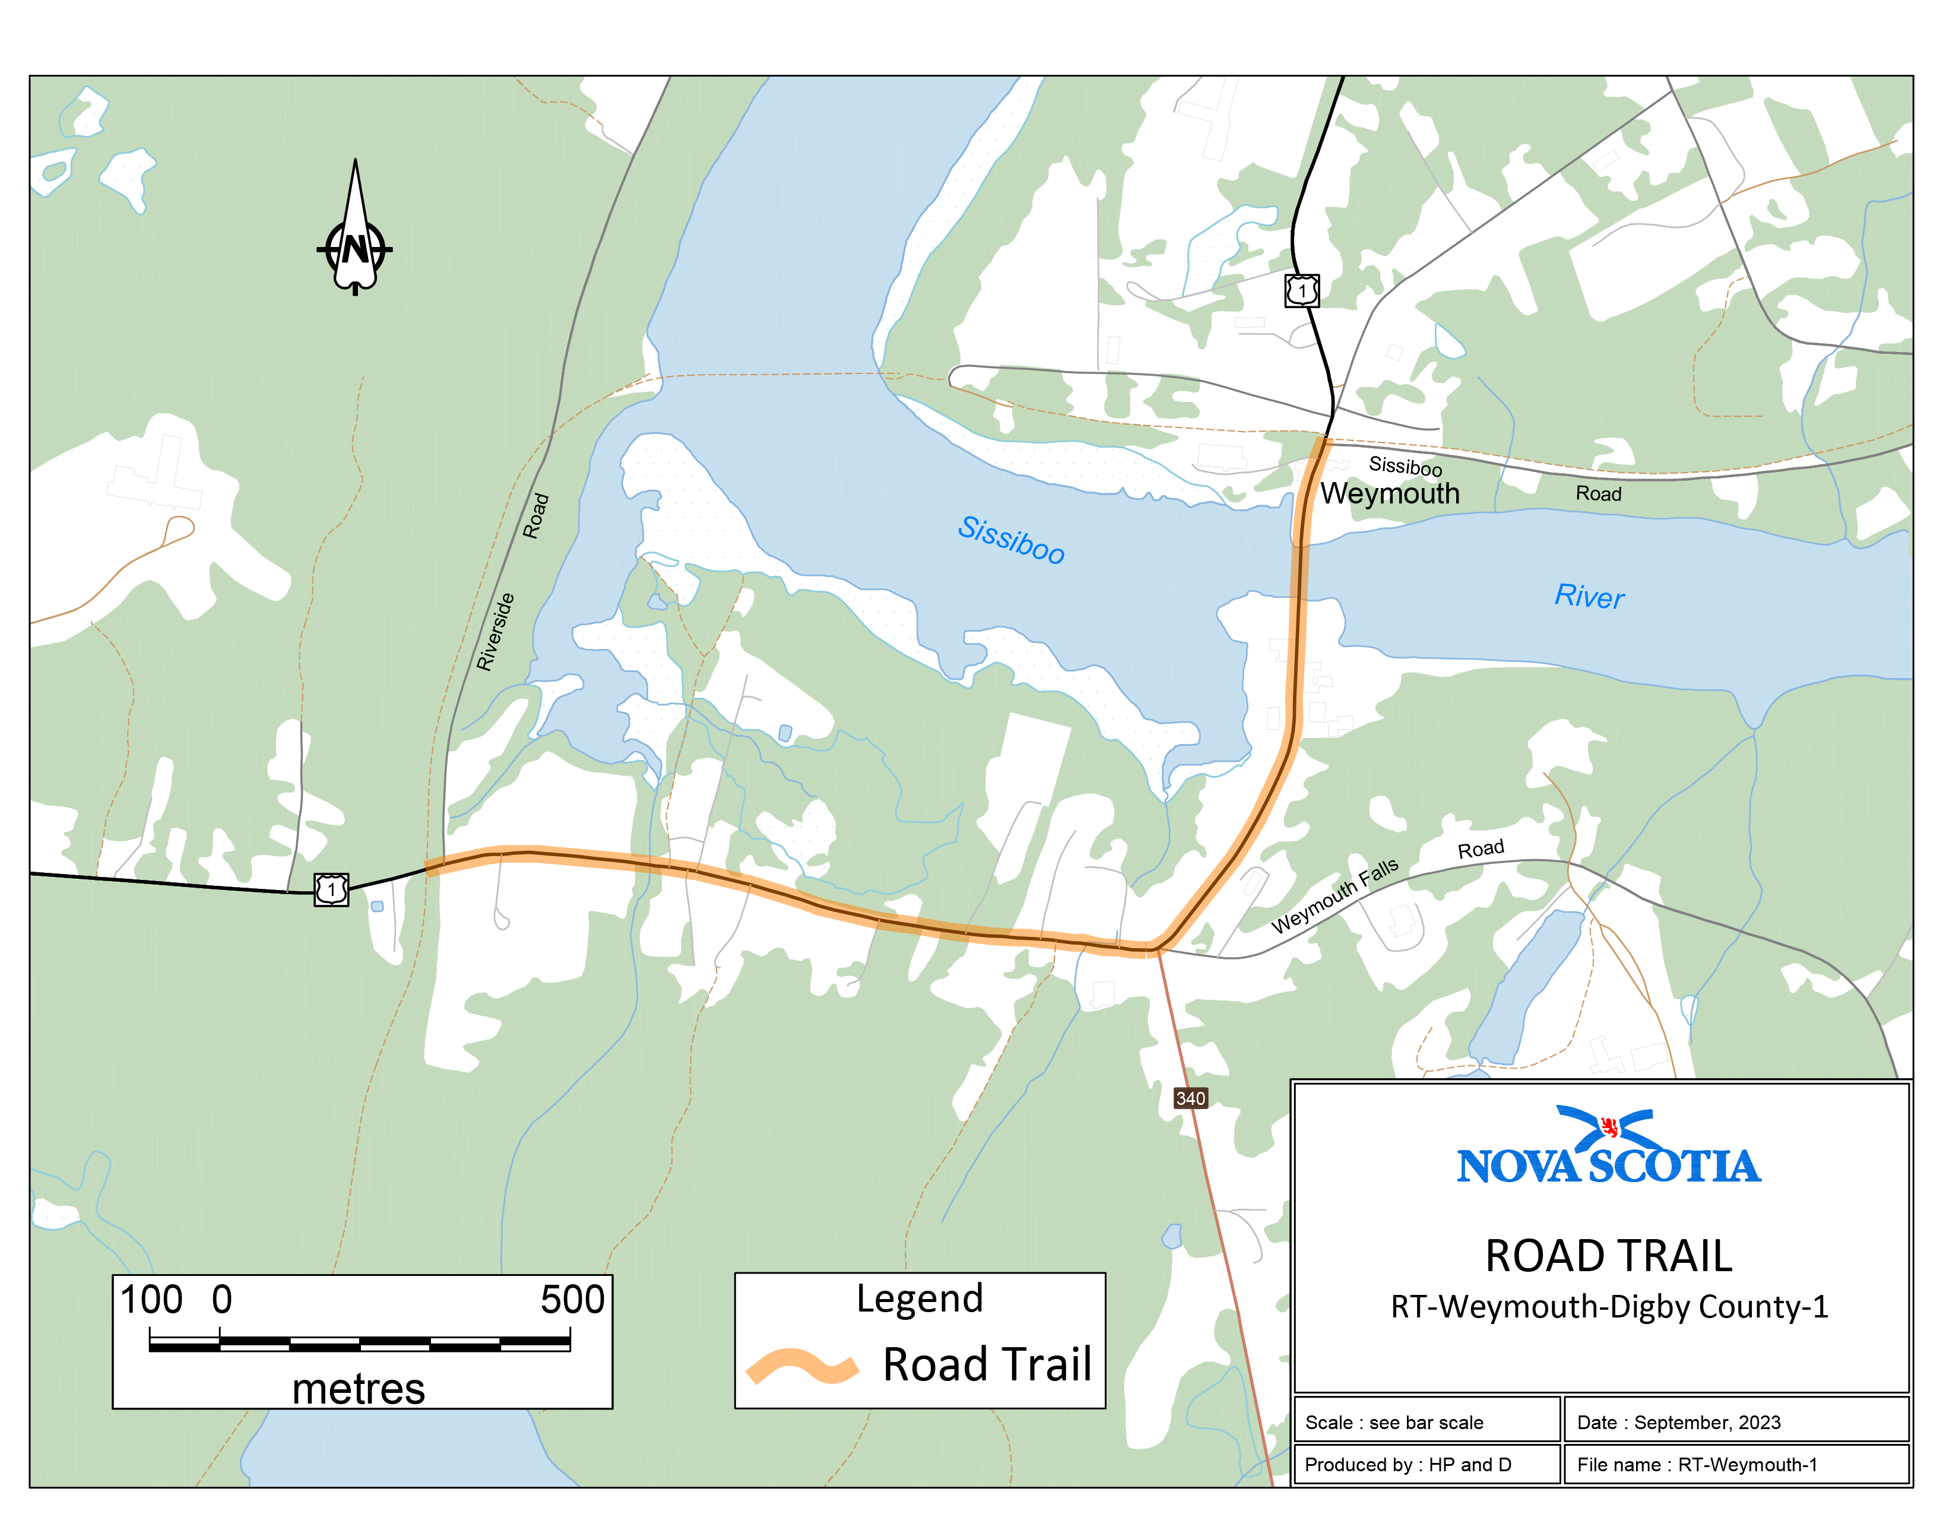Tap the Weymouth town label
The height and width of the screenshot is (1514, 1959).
tap(1390, 493)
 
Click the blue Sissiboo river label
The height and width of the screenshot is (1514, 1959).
tap(1011, 539)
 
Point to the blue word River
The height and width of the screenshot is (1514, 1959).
tap(1589, 597)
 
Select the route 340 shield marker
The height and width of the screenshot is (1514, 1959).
tap(1190, 1098)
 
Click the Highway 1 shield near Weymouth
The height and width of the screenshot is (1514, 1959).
tap(1301, 290)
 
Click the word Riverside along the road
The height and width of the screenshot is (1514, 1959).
tap(495, 632)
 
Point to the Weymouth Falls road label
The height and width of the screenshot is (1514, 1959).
tap(1334, 896)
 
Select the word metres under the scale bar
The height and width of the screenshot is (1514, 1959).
tap(358, 1389)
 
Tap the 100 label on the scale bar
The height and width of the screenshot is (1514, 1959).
tap(151, 1300)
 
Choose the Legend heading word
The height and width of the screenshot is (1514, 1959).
tap(920, 1298)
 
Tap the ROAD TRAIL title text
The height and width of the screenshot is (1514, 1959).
tap(1608, 1255)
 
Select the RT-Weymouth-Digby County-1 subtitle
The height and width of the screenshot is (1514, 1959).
tap(1608, 1307)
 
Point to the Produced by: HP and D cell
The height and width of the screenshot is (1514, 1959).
tap(1425, 1465)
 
